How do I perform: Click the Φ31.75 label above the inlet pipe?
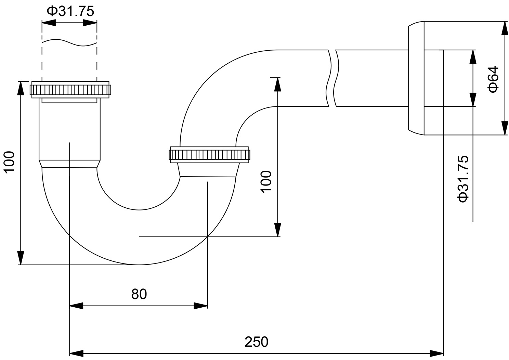(70, 11)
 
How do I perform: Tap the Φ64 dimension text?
(494, 79)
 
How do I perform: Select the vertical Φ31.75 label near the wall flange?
(463, 179)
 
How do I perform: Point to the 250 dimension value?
(256, 342)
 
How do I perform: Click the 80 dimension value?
(139, 294)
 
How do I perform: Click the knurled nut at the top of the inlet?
(70, 90)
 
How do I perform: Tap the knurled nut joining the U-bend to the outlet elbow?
(209, 155)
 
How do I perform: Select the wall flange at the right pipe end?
(416, 78)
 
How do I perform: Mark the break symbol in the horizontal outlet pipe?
(332, 78)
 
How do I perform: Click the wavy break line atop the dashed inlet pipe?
(69, 42)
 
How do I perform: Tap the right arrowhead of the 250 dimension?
(437, 353)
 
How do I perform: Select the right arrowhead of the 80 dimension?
(201, 306)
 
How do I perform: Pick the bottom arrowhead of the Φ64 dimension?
(504, 128)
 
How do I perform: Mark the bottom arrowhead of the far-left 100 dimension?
(21, 258)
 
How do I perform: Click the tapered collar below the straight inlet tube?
(70, 164)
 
